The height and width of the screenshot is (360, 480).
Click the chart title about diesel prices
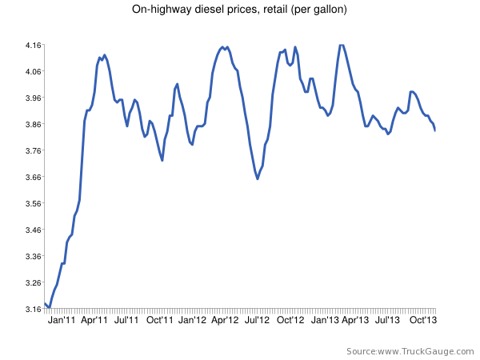(239, 10)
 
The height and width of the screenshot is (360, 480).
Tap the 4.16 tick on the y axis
(33, 46)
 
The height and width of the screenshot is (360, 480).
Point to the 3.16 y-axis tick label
(33, 309)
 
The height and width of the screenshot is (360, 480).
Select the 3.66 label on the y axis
(33, 177)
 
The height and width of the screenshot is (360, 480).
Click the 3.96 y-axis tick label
(33, 98)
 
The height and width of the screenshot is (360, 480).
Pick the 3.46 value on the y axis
(33, 230)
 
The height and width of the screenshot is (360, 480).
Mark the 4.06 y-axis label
(33, 72)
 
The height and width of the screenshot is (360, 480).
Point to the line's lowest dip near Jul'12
(258, 178)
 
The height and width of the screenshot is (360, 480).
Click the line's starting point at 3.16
(46, 303)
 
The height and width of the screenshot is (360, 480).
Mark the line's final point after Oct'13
(434, 130)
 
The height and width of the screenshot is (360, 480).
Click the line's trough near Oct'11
(162, 161)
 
